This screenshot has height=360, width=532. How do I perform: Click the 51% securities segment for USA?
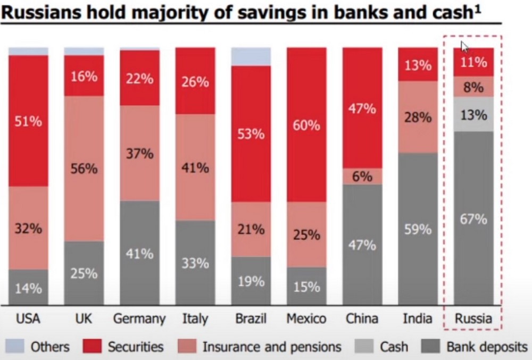pos(29,121)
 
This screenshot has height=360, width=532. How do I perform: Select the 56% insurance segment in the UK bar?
pos(84,169)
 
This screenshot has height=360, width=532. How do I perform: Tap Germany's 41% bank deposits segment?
pos(140,253)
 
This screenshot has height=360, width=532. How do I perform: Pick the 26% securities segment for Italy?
pos(195,81)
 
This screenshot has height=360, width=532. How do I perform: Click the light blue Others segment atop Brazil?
pos(251,56)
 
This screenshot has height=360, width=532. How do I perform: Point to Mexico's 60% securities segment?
pos(307,125)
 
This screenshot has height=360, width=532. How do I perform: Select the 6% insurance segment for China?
pos(362,176)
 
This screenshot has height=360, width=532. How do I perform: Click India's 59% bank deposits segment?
pos(418,229)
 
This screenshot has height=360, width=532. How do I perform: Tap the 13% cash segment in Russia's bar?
pos(473,114)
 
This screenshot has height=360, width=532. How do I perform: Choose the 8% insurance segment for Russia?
pos(473,87)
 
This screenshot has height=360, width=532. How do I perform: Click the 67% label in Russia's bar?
pos(473,219)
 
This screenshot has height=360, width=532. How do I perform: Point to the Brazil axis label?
pos(251,319)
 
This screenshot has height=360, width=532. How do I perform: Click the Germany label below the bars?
pos(139,319)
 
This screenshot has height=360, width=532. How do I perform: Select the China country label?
pos(362,319)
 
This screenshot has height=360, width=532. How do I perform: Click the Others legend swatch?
pos(14,347)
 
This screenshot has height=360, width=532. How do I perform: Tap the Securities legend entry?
pos(123,347)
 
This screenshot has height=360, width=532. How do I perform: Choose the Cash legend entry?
pos(381,347)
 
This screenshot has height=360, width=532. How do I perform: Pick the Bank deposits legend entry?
pos(475,347)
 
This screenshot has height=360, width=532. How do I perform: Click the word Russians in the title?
pos(41,12)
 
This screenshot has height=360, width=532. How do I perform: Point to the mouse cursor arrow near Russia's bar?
pos(464,47)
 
